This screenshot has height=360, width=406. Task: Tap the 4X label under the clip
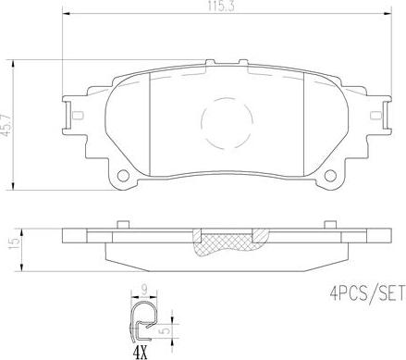pos(140,352)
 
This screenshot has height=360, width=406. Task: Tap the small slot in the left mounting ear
pos(78,115)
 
